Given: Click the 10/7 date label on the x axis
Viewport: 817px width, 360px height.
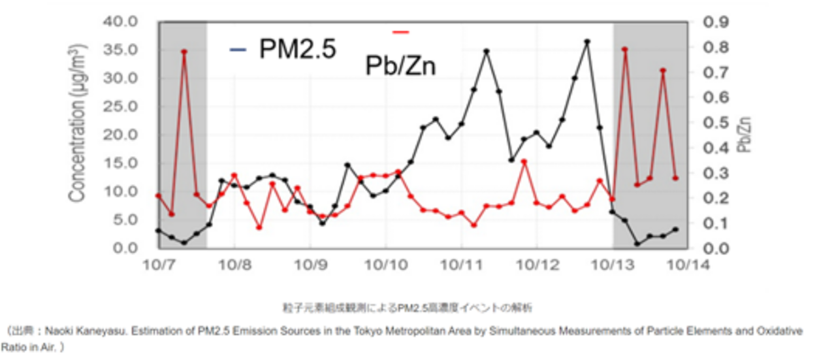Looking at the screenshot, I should (x=159, y=264).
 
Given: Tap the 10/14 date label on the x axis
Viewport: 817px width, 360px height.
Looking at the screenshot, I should (x=690, y=264).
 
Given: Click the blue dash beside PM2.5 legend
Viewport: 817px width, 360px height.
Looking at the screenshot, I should (x=238, y=49).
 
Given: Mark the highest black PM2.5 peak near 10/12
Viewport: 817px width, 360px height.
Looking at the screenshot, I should (x=587, y=42).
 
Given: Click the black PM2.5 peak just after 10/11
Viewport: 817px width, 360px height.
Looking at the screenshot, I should (x=486, y=51).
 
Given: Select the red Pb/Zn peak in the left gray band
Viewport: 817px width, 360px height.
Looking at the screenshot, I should (x=184, y=52).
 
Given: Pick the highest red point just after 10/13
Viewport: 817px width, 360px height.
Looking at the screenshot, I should (x=624, y=49).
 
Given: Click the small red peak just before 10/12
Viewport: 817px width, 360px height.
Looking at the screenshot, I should (x=524, y=162).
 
